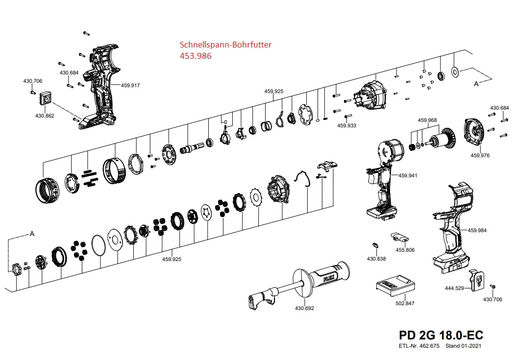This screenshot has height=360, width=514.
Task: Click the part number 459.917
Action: [130, 85]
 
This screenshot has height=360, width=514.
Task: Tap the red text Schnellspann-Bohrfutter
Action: [226, 45]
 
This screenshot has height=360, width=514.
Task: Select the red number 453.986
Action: [196, 56]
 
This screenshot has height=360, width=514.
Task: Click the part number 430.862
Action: [45, 116]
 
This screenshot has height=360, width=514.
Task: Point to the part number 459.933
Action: [347, 125]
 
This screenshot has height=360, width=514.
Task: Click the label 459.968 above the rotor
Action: [427, 120]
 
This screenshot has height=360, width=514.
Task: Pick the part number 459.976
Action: [480, 155]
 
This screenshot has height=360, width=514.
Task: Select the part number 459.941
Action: [408, 175]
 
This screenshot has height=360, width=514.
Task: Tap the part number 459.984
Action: [477, 230]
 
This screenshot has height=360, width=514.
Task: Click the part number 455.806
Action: [405, 250]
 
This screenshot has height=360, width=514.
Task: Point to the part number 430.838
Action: [376, 258]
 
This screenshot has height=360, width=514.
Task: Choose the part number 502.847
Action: [405, 303]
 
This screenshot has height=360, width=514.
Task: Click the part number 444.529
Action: [454, 288]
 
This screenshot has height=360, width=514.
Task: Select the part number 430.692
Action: [304, 308]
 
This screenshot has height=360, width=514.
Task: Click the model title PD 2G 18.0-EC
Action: [441, 336]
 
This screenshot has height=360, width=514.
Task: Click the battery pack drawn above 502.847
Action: [395, 286]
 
